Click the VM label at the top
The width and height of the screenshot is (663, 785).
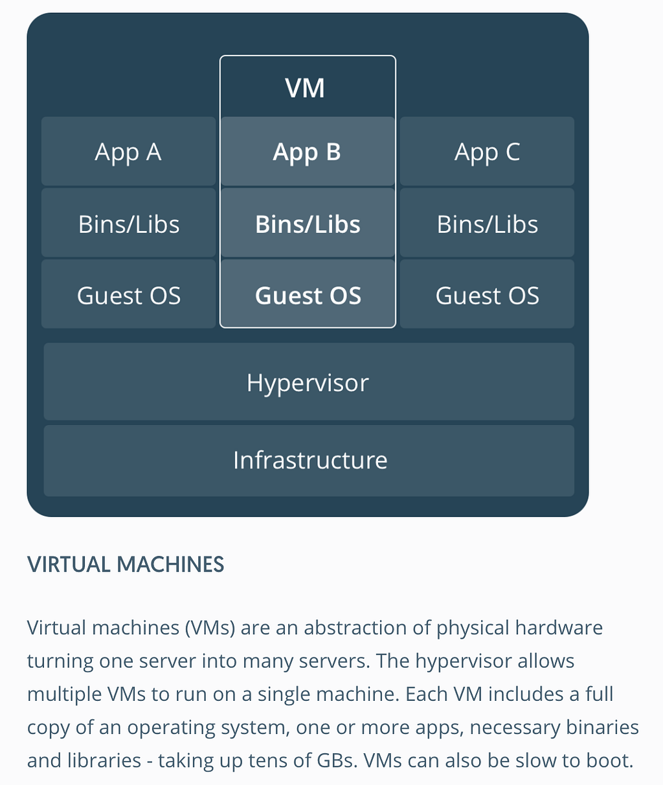(304, 89)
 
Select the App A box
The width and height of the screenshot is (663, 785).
(129, 151)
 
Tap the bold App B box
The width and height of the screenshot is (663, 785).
(308, 151)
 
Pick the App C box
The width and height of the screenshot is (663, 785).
(487, 151)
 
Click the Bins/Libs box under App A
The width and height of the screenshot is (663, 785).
(129, 223)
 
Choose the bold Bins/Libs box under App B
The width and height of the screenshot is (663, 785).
(308, 223)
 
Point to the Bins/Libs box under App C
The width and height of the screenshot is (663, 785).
(487, 223)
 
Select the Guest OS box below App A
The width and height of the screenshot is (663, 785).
(129, 294)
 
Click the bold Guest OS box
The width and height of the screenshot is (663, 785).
(308, 294)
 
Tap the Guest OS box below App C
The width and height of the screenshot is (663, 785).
(487, 294)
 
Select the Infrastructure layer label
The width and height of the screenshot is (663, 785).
(310, 459)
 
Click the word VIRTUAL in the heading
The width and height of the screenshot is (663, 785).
(69, 564)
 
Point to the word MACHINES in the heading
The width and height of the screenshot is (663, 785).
(170, 564)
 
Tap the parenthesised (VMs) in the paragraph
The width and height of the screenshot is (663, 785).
(210, 628)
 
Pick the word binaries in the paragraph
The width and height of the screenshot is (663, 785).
(602, 727)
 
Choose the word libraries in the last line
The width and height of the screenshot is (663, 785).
(104, 760)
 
